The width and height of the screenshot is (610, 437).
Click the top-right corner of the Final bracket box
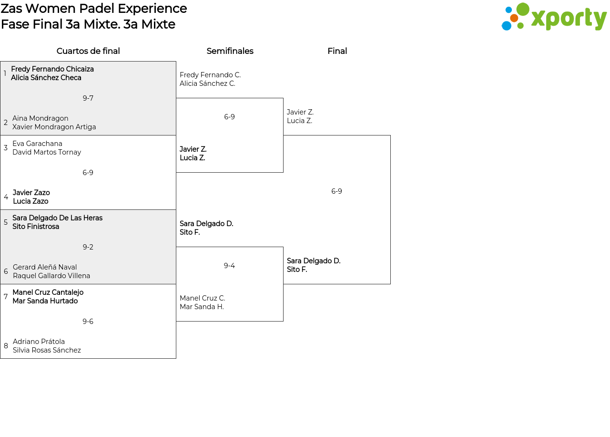[x=390, y=135]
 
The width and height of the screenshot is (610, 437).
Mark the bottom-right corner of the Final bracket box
[x=390, y=284]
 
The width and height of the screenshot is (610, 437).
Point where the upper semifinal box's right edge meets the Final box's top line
[x=283, y=135]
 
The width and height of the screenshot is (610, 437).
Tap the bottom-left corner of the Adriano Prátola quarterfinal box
[x=0, y=358]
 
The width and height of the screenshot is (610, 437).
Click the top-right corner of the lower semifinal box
[x=283, y=247]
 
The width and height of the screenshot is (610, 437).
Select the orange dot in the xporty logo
[x=514, y=18]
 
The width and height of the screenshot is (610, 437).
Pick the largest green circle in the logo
[x=523, y=9]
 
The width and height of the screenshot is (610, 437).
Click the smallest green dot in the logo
[x=520, y=26]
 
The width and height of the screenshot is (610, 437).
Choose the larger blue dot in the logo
[x=507, y=26]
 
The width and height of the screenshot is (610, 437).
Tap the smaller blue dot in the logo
[x=508, y=10]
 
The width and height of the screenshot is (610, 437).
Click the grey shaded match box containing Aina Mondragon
[x=88, y=98]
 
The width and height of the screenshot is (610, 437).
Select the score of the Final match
[x=336, y=191]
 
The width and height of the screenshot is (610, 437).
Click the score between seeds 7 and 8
[x=88, y=322]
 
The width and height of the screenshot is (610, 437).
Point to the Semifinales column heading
[x=230, y=51]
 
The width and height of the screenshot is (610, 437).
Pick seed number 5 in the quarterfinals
[x=6, y=222]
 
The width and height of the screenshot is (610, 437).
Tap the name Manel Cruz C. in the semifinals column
[x=203, y=298]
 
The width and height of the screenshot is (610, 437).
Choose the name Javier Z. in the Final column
[x=300, y=112]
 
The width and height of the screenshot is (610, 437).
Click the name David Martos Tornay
[x=47, y=152]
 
